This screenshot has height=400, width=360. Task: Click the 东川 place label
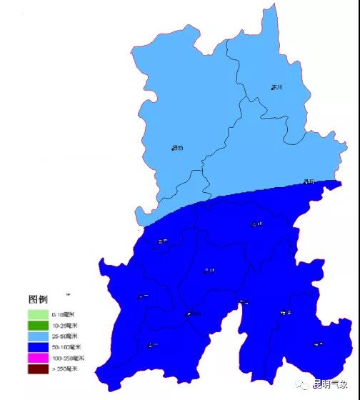click(276, 87)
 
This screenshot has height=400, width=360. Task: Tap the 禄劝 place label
click(177, 148)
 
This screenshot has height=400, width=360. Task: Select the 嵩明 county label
click(256, 224)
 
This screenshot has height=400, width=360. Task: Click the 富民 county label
click(162, 241)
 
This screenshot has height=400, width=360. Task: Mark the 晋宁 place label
click(152, 345)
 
